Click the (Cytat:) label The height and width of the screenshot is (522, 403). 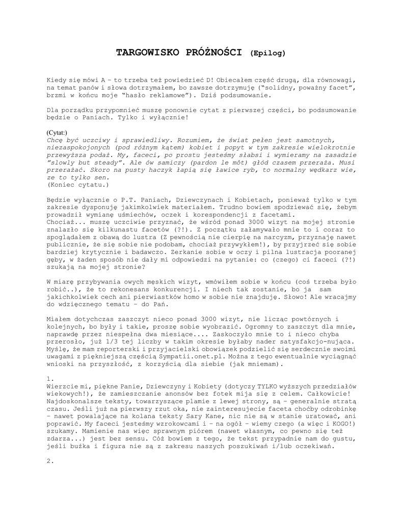57,132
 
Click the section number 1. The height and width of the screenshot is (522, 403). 49,379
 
